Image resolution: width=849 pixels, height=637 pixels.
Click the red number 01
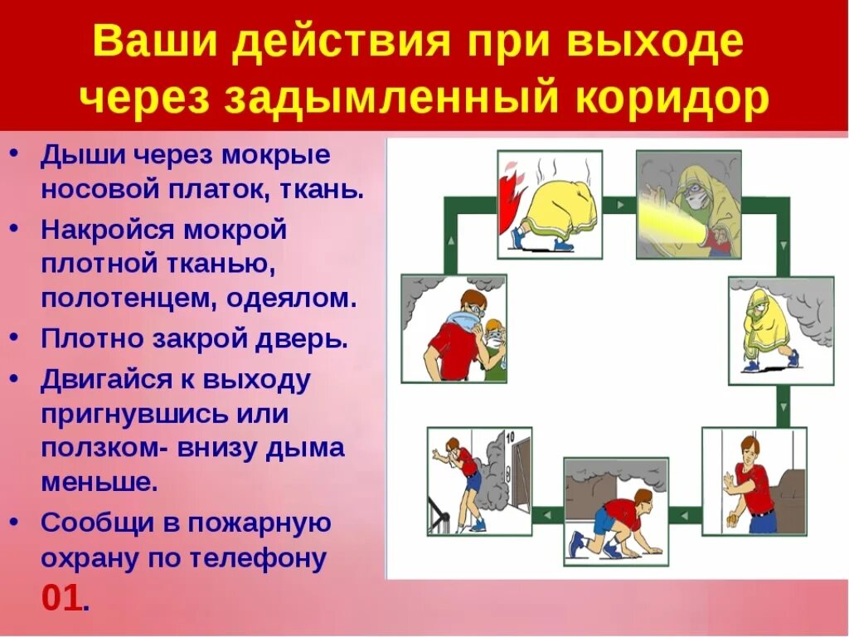[62, 597]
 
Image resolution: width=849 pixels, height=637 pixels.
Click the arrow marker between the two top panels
[619, 203]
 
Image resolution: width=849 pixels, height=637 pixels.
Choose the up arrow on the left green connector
[451, 240]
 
